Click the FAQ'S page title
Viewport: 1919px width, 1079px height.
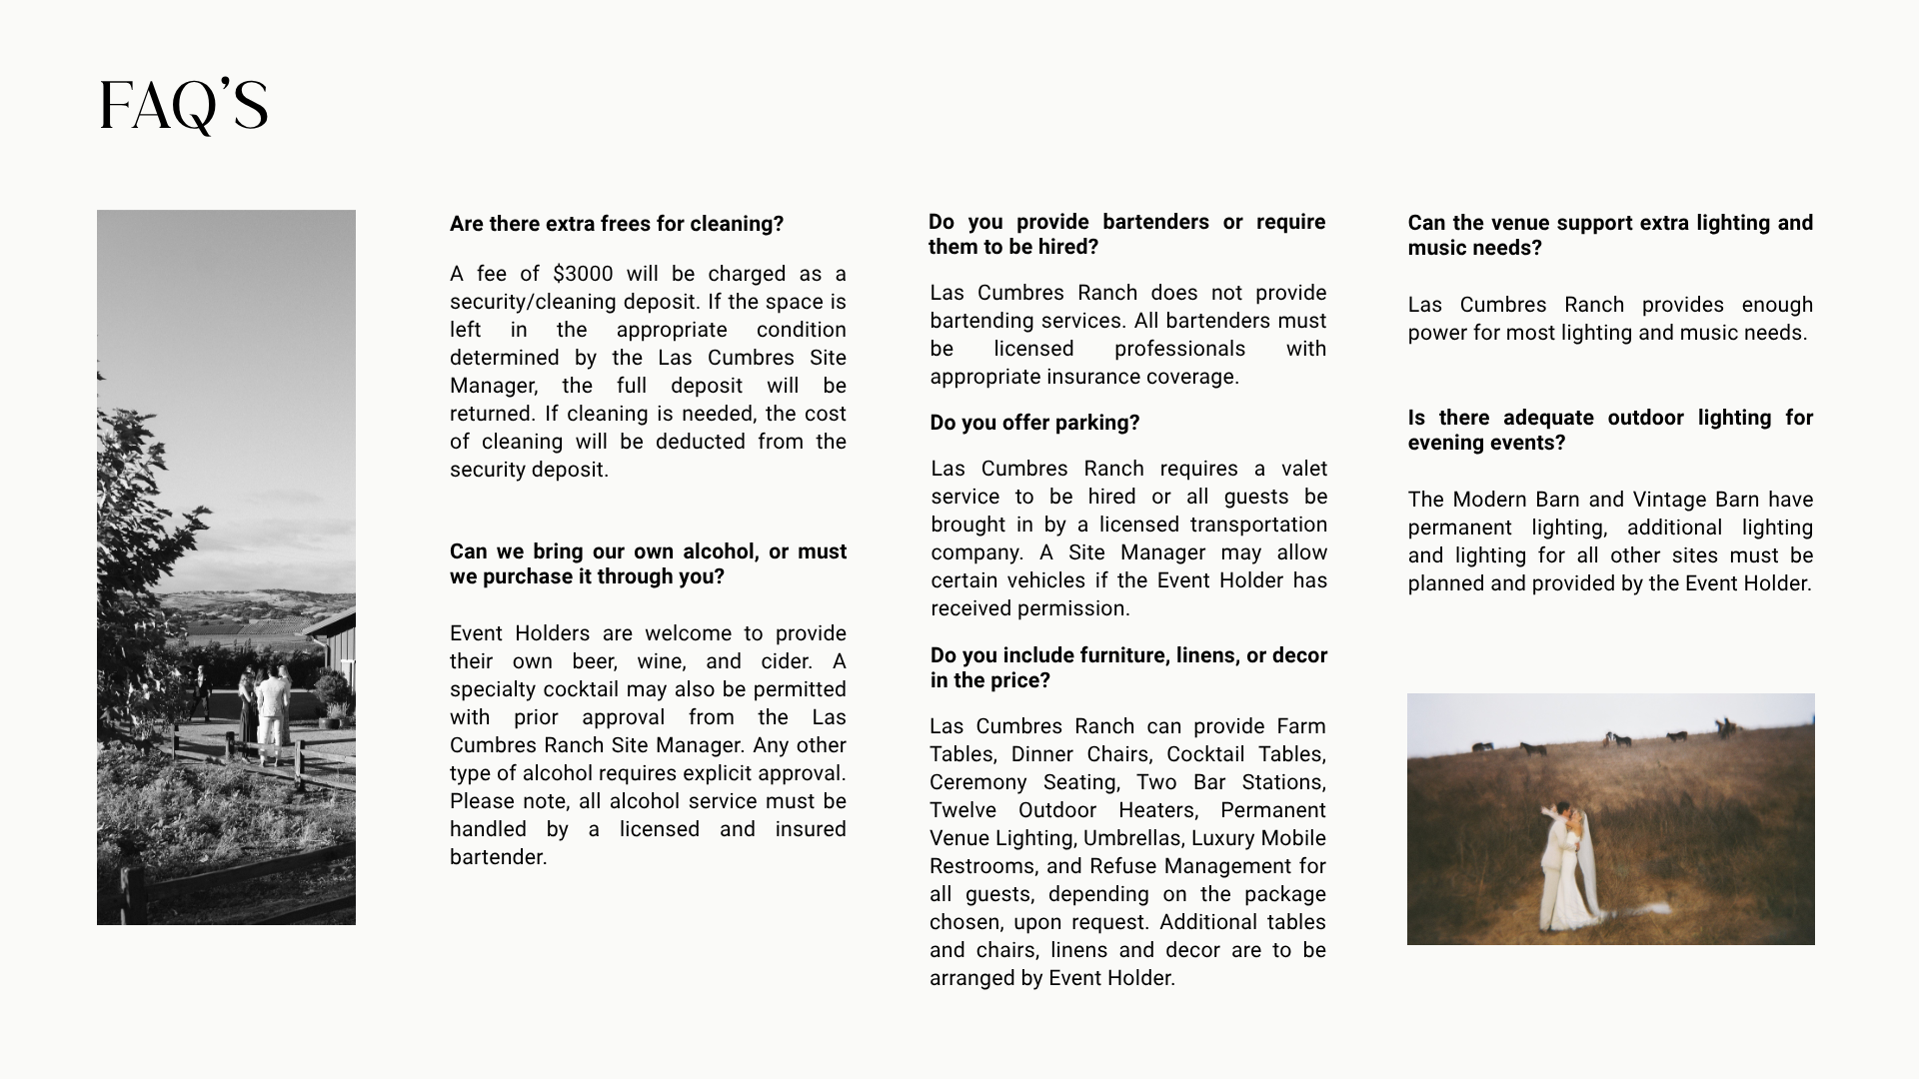click(184, 106)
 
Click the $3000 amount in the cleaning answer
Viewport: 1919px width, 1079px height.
click(583, 274)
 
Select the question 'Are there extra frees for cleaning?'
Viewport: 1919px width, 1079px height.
click(617, 224)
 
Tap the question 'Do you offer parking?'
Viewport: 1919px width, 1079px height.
click(1034, 423)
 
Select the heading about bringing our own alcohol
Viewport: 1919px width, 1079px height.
click(648, 564)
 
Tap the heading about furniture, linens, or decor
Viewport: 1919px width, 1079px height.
click(1128, 667)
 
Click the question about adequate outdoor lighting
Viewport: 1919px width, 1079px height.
click(1610, 430)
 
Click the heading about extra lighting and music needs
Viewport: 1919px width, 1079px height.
click(1610, 235)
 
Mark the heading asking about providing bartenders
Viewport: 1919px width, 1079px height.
click(1126, 234)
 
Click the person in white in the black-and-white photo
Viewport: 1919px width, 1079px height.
click(270, 714)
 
